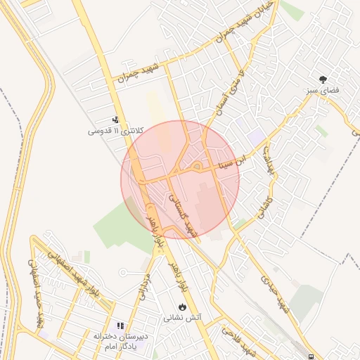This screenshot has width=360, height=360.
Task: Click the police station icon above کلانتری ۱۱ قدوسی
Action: pos(115,120)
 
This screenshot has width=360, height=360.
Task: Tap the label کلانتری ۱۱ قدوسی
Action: pos(116,131)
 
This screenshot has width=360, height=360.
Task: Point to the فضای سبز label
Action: pos(323,91)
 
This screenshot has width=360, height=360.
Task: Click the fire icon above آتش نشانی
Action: pos(183,307)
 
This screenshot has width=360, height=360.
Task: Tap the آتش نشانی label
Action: pos(183,318)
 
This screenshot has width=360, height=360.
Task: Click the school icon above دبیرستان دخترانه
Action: pos(120,326)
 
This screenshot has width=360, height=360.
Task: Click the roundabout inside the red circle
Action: pos(198,167)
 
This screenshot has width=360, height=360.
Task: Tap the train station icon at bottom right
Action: pos(310,356)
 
